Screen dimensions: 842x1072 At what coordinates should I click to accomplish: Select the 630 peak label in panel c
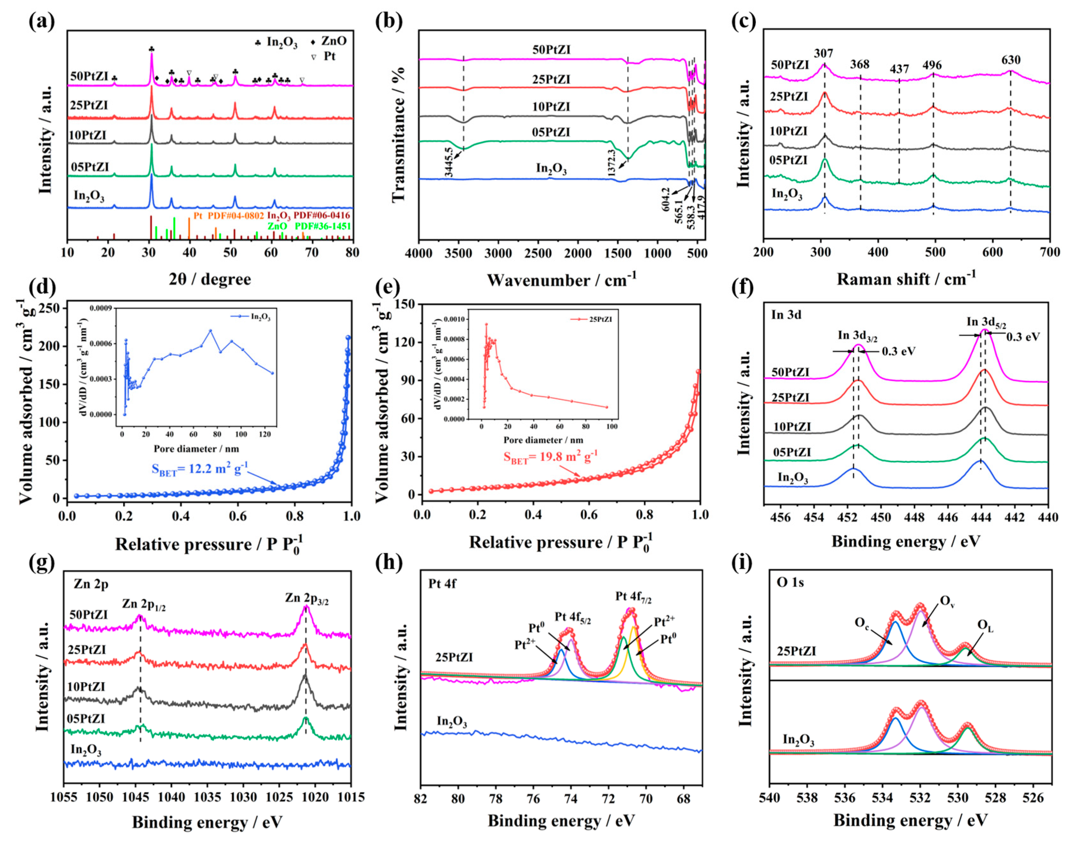1010,60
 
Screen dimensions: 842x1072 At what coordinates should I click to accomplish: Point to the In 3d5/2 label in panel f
986,323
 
